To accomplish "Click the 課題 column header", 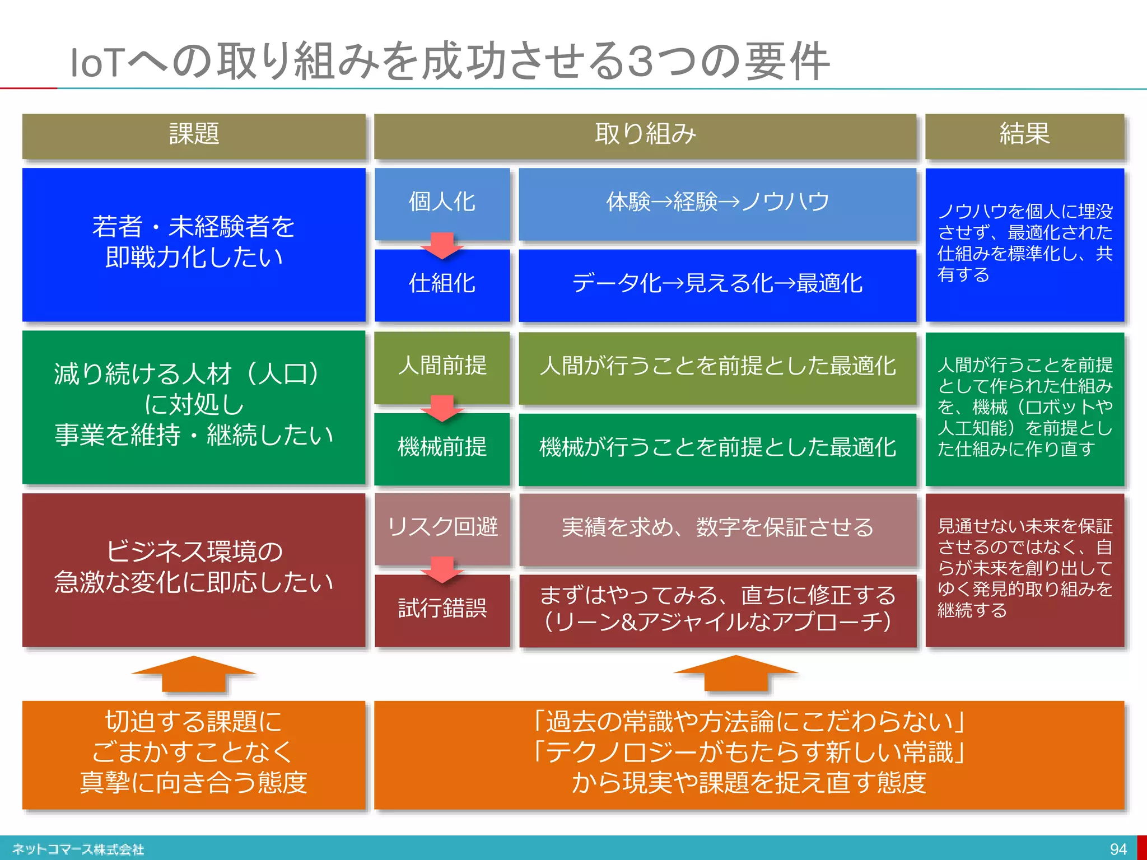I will pos(194,135).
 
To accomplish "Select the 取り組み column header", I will pos(645,135).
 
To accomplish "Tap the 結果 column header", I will pos(1024,135).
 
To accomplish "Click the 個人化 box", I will pos(442,202).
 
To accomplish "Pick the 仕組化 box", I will pos(442,284).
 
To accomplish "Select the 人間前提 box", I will pos(442,366).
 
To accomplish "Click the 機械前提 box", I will pos(442,447).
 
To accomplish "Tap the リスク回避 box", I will pos(442,527).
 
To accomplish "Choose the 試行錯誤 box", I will pos(442,609).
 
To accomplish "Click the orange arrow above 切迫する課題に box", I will pos(194,674).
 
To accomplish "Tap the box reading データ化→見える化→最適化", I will pos(717,284).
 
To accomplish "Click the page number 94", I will pos(1118,849).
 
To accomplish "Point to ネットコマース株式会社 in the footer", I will pos(78,849).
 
